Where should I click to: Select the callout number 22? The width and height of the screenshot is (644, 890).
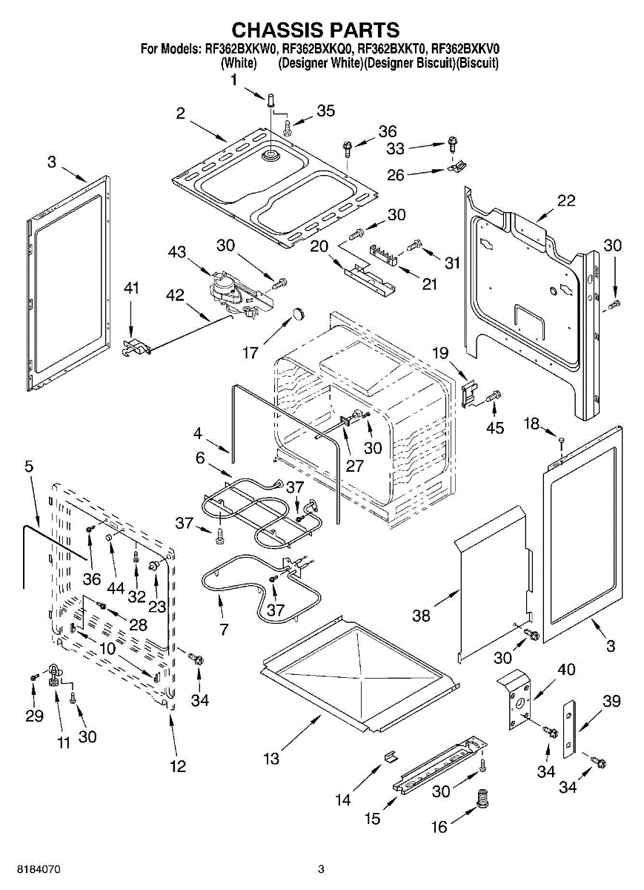pos(566,200)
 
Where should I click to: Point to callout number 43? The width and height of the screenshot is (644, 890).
pos(177,252)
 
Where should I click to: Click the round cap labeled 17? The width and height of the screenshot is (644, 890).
pos(298,313)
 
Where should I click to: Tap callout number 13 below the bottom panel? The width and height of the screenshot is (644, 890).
pos(271,759)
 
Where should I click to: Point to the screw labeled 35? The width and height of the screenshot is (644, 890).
pos(288,124)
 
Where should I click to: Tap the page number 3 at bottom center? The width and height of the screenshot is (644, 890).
pos(322,868)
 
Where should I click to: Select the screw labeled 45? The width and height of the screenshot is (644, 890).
pos(494,399)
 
